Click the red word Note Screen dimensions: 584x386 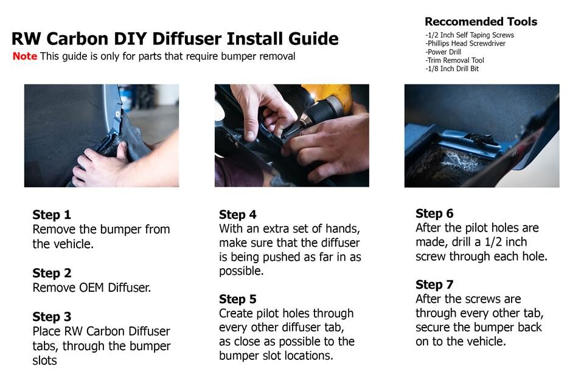coord(24,56)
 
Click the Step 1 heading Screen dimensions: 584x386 coord(51,215)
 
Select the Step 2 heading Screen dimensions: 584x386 coord(52,273)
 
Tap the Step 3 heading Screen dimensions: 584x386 coord(52,317)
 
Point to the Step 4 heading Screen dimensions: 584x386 coord(238,215)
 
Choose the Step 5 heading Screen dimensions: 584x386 coord(238,299)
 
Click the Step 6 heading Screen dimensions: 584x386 coord(434,213)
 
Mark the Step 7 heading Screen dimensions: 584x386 coord(434,284)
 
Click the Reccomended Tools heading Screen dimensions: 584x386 coord(481,22)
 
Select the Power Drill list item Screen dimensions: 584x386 coord(443,52)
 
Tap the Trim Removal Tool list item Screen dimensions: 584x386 coord(455,60)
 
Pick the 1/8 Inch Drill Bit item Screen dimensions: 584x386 coord(452,69)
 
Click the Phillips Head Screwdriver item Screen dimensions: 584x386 coord(465,44)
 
